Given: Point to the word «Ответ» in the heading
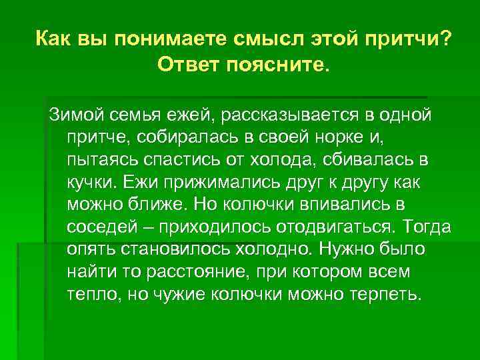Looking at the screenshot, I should click(x=188, y=65).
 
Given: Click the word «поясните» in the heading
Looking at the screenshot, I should click(x=275, y=65).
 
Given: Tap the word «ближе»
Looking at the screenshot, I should click(x=155, y=207).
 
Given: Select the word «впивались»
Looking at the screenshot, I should click(x=357, y=207).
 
